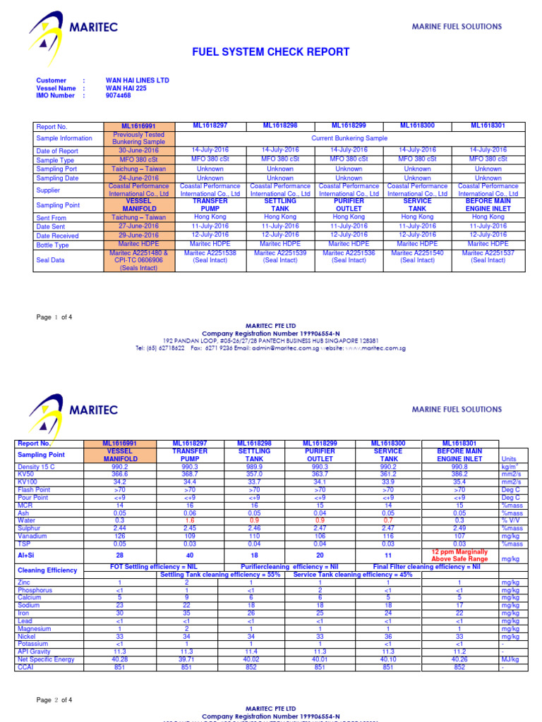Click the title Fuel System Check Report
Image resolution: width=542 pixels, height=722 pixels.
coord(271,52)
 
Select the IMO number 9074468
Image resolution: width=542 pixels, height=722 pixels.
coord(118,96)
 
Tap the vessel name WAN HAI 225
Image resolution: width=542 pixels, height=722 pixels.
coord(126,88)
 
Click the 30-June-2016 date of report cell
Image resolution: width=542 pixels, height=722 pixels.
coord(139,150)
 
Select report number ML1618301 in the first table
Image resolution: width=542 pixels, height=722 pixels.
coord(488,126)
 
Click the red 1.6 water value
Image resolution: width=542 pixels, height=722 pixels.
coord(190,520)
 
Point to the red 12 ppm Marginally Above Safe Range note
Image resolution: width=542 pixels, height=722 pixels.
coord(459,556)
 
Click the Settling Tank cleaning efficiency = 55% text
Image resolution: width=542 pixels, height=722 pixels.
coord(220,575)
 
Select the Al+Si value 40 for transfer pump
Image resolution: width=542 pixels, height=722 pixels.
coord(190,556)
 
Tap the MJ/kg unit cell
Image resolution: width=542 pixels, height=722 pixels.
coord(510,659)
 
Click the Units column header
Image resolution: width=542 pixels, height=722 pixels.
coord(509,458)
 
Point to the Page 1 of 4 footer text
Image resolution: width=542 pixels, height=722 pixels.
coord(54,317)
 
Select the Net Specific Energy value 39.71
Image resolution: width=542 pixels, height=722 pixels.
coord(190,659)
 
